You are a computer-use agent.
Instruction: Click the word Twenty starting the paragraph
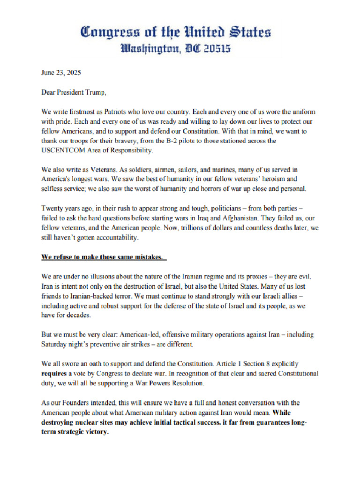click(52, 209)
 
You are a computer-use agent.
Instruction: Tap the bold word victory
click(97, 432)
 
